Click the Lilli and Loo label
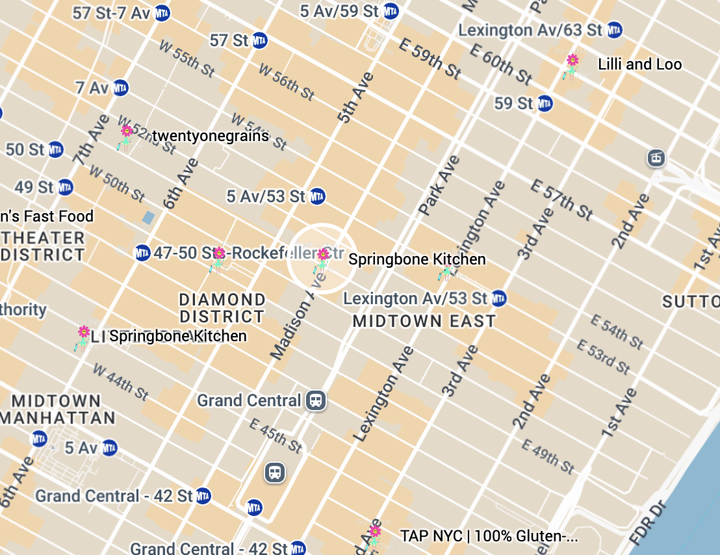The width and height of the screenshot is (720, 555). click(x=639, y=64)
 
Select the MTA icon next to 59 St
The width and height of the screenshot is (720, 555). click(x=545, y=103)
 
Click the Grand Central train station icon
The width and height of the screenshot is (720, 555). click(x=316, y=400)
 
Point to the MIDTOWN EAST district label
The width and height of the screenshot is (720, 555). click(x=424, y=321)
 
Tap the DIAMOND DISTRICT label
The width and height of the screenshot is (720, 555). click(x=222, y=308)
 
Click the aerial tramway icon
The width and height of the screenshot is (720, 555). click(x=656, y=157)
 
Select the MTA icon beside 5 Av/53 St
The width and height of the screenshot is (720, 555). click(x=317, y=196)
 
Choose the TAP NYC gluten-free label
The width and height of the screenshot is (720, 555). click(x=489, y=536)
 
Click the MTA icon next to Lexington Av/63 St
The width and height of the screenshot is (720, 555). click(x=614, y=30)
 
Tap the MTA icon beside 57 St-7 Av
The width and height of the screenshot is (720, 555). click(x=162, y=13)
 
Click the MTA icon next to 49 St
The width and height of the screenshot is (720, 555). click(x=65, y=188)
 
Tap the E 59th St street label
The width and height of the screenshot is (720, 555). click(x=430, y=58)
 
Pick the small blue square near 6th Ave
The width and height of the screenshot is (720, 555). click(x=149, y=217)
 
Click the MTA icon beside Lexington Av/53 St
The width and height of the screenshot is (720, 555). click(x=498, y=299)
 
